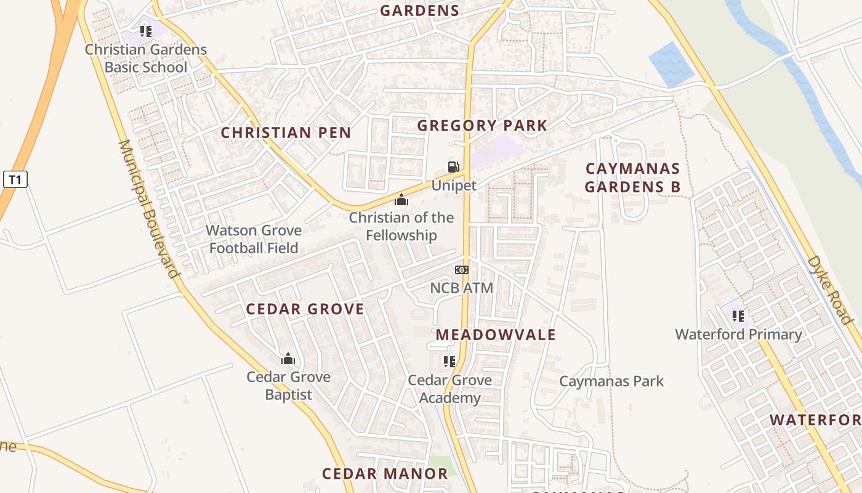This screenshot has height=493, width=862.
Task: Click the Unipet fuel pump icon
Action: tap(453, 166)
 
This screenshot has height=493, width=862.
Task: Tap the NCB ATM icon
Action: tap(461, 270)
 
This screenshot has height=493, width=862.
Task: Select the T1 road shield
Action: tap(15, 180)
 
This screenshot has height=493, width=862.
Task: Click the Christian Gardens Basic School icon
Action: tap(145, 31)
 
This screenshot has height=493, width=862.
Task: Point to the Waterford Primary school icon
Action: tap(738, 316)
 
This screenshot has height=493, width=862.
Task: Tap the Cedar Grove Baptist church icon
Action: tap(288, 359)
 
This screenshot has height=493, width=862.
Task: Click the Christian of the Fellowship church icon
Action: tap(401, 200)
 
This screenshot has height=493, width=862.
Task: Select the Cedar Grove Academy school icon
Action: tap(449, 362)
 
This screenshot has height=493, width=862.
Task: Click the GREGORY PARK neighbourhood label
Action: tap(482, 126)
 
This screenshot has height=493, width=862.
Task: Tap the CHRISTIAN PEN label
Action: tap(286, 132)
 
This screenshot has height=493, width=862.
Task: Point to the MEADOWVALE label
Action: tap(496, 335)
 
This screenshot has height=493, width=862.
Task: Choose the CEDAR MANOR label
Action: tap(385, 473)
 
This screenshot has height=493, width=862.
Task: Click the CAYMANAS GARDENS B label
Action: tap(632, 177)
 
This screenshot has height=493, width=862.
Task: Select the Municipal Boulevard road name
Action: tap(148, 208)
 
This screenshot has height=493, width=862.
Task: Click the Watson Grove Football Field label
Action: tap(254, 239)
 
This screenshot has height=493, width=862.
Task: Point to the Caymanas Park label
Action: tap(611, 381)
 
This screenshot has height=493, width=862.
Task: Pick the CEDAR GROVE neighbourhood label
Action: tap(305, 309)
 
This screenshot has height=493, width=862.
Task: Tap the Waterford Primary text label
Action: tap(738, 335)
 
